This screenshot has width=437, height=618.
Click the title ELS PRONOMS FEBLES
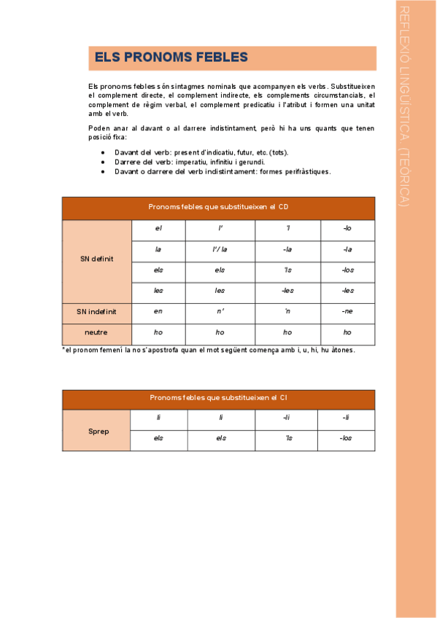click(x=171, y=58)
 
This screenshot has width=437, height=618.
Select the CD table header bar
click(x=218, y=208)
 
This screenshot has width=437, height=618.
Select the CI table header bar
click(x=218, y=398)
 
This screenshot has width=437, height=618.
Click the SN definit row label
click(x=96, y=260)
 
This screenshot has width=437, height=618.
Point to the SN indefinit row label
click(x=96, y=312)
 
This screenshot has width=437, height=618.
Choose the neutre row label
click(x=96, y=332)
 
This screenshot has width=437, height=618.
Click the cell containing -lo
click(x=347, y=229)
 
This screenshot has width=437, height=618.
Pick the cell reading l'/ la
click(x=220, y=249)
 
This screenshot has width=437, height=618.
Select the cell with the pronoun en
click(x=158, y=311)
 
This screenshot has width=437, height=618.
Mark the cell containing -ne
click(x=347, y=311)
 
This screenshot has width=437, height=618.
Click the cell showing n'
click(x=220, y=311)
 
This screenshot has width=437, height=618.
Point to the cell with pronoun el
click(x=158, y=229)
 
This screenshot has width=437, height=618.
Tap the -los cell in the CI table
click(x=346, y=438)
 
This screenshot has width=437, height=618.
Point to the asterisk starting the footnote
click(x=63, y=351)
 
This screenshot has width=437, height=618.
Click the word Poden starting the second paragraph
click(x=97, y=128)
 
